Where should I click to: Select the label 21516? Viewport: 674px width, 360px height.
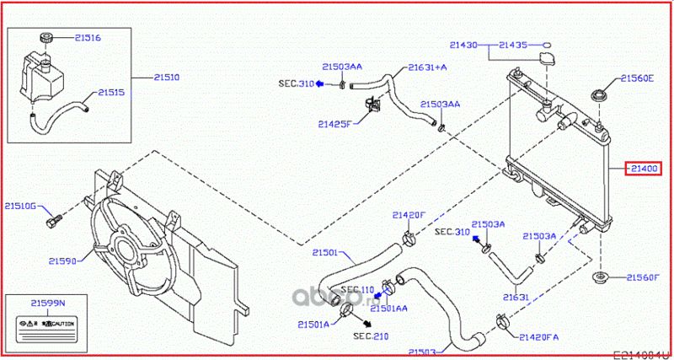[87, 38]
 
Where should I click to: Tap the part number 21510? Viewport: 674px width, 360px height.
[166, 77]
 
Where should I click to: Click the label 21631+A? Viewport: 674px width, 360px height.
[428, 67]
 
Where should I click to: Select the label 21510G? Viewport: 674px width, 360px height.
[20, 205]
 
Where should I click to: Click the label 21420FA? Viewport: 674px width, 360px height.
[539, 336]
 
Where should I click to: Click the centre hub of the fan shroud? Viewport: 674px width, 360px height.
[128, 250]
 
